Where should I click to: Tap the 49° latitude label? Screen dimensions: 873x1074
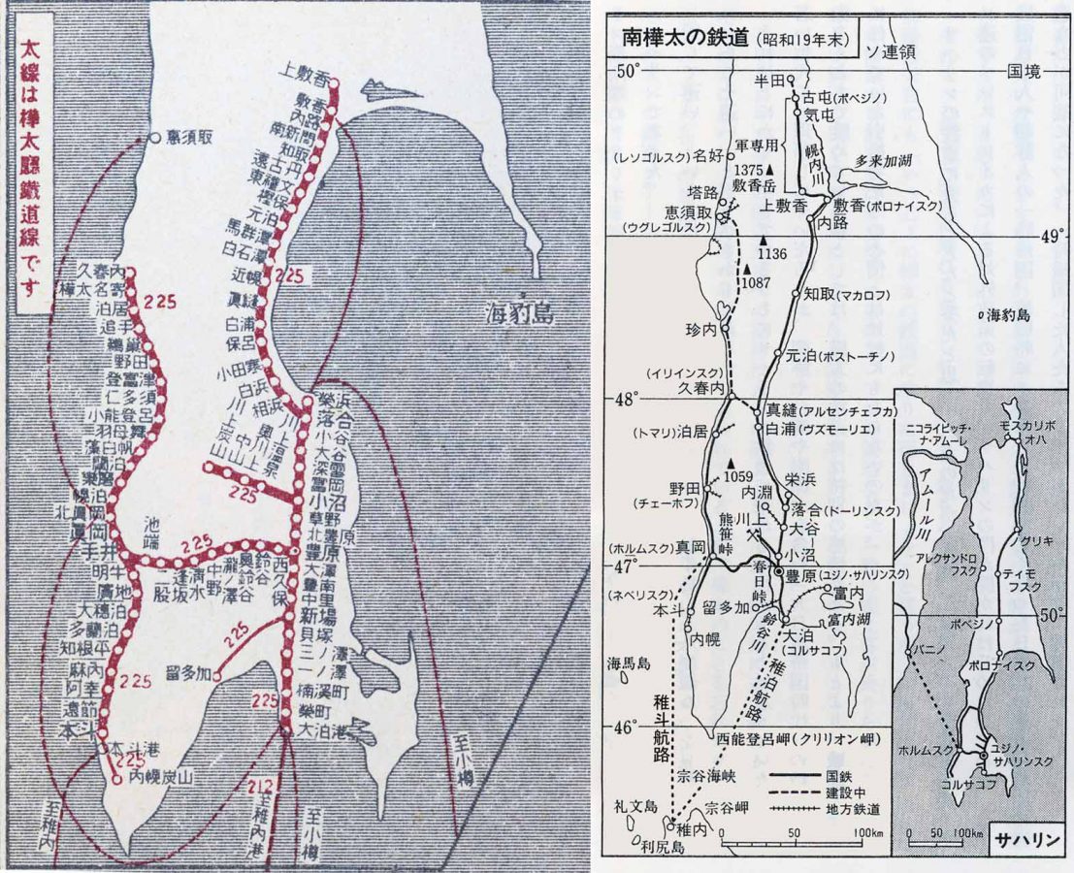coord(1055,236)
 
